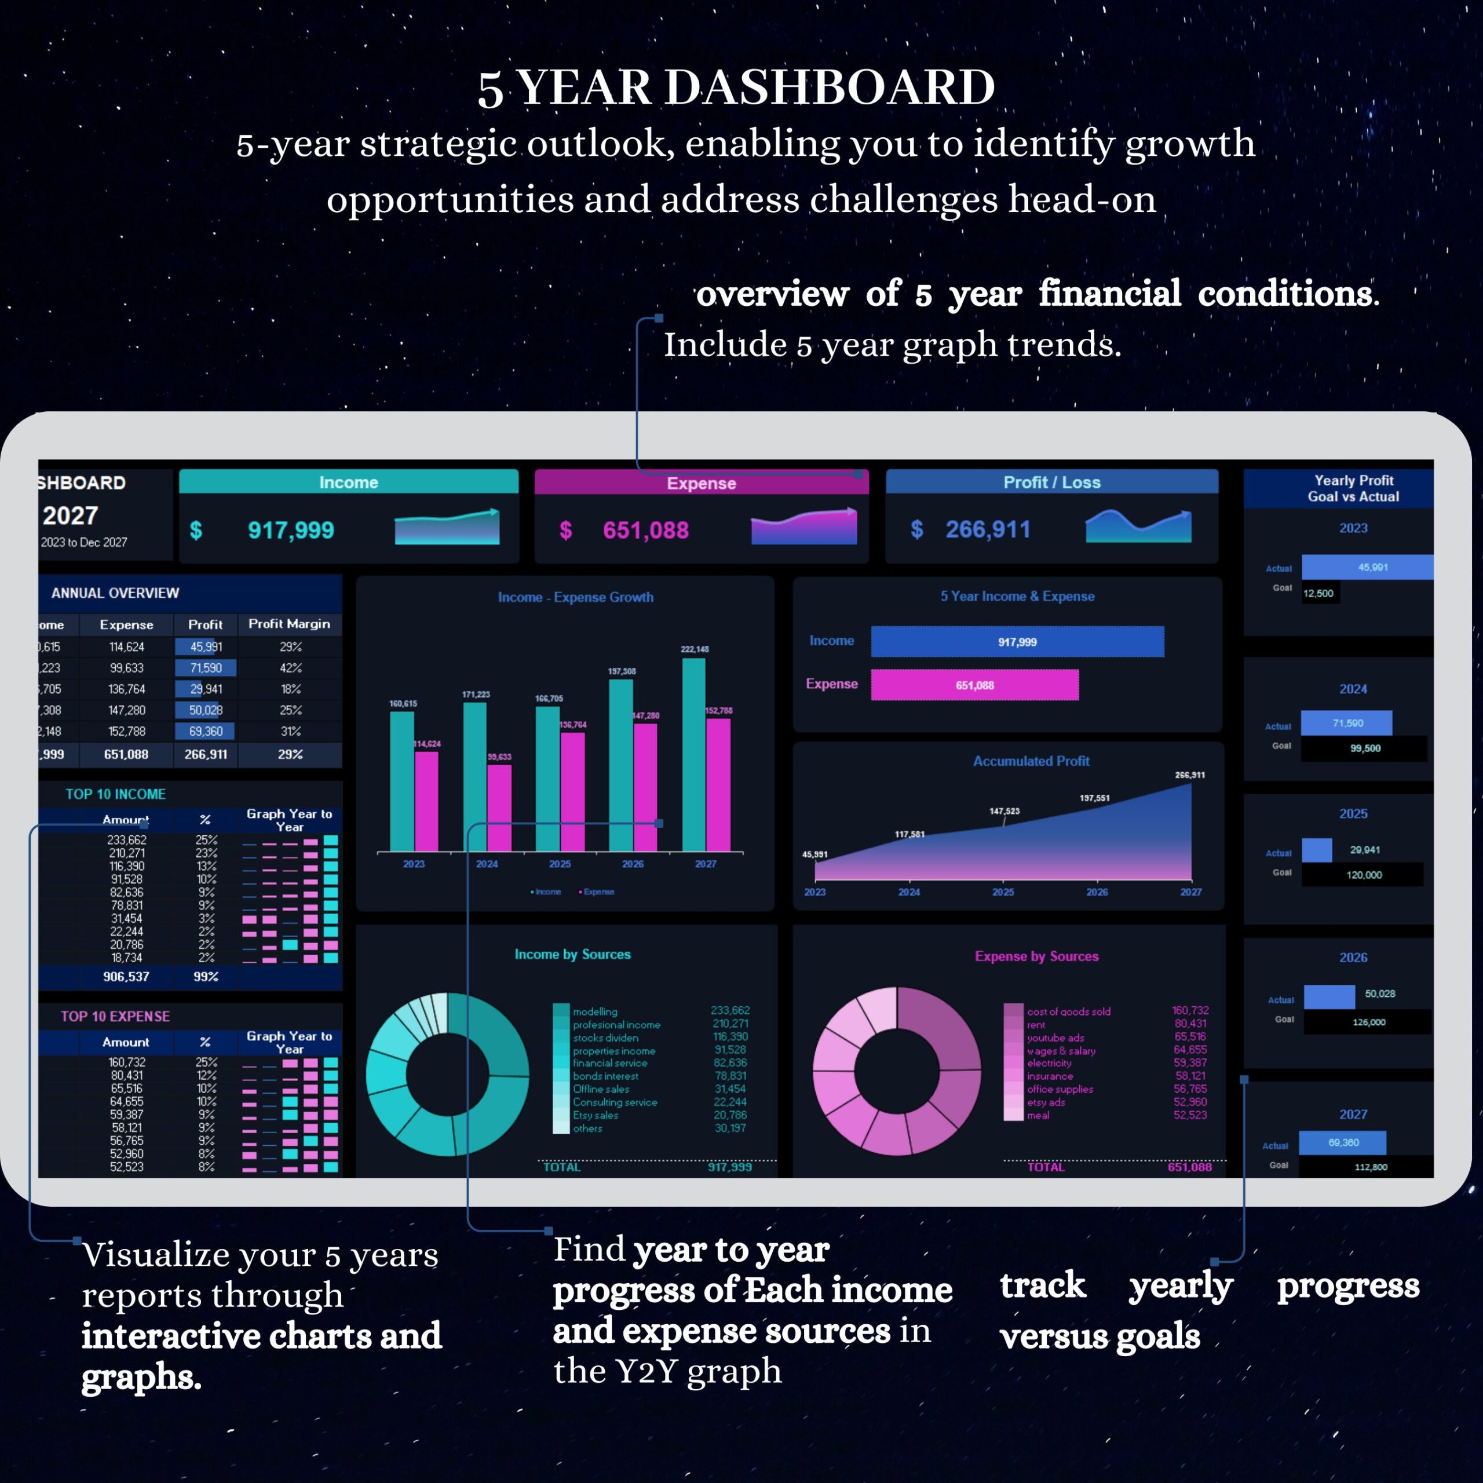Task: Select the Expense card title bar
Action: click(701, 483)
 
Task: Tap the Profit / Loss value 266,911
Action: click(987, 529)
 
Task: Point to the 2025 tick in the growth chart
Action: click(560, 864)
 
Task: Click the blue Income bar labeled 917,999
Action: click(1017, 642)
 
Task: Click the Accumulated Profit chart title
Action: click(1031, 761)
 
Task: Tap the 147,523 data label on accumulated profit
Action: click(1004, 812)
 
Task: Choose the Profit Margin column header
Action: click(290, 624)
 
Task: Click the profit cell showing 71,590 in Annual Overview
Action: click(206, 668)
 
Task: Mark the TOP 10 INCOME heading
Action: click(115, 794)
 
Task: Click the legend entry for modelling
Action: click(595, 1011)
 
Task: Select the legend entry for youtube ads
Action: click(1055, 1038)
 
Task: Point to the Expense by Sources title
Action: click(1036, 956)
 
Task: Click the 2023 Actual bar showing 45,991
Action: click(1367, 567)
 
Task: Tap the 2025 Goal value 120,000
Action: click(1363, 875)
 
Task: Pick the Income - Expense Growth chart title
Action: click(576, 597)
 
